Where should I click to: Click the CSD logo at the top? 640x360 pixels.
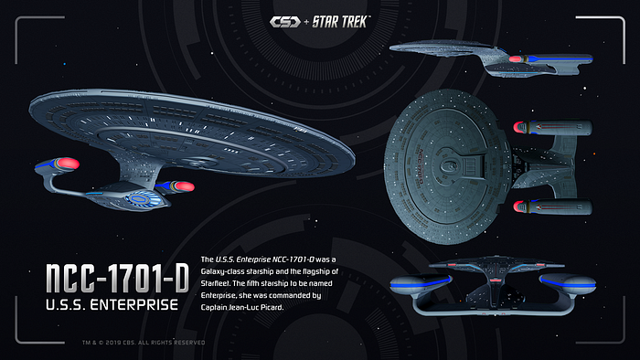tap(285, 22)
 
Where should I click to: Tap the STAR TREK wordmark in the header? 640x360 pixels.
tap(341, 22)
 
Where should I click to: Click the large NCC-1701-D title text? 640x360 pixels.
tap(117, 278)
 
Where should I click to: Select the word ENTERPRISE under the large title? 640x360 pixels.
tap(134, 304)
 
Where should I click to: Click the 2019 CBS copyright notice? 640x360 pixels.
tap(144, 343)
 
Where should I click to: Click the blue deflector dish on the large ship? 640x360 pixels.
tap(140, 199)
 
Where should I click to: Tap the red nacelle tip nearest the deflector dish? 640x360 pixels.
tap(184, 186)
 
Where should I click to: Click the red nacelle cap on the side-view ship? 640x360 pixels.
tap(515, 59)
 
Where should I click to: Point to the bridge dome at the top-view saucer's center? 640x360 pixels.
tap(448, 166)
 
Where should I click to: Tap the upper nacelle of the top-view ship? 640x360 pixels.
tap(552, 128)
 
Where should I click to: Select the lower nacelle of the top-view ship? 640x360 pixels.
tap(552, 206)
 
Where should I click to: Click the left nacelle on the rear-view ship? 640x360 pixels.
tap(421, 284)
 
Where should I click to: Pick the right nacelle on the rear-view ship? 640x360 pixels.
tap(568, 283)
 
